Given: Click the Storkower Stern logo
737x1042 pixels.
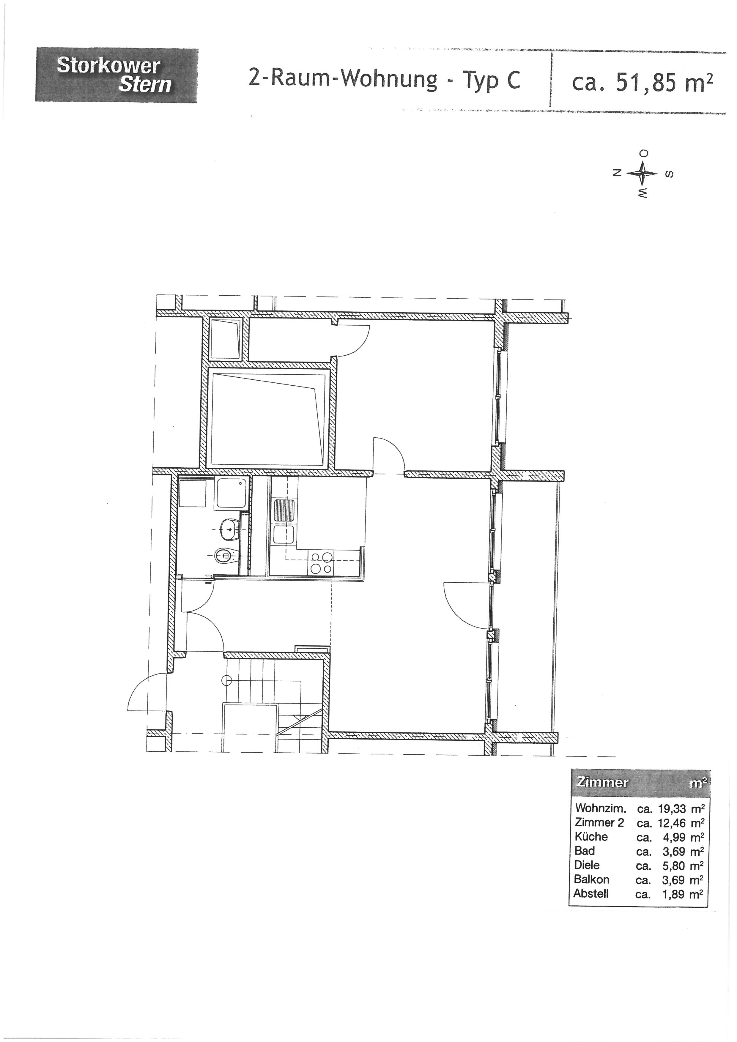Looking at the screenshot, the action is tap(116, 75).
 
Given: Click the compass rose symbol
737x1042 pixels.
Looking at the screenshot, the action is tap(642, 174).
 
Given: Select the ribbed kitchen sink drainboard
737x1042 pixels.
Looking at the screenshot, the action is tap(283, 510).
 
